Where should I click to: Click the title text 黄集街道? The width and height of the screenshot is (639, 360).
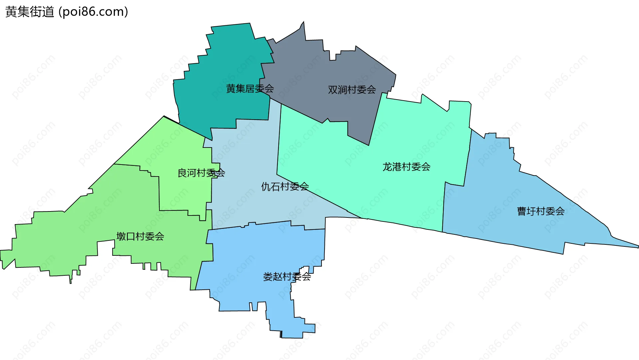(30, 12)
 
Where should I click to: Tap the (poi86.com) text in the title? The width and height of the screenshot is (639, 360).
(93, 12)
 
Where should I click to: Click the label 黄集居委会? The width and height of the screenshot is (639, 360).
(250, 89)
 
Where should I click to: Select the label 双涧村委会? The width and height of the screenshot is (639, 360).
(352, 90)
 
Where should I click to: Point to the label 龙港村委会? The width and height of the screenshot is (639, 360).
(406, 167)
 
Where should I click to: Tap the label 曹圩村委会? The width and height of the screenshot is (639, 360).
(540, 211)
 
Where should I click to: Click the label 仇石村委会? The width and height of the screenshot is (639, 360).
(285, 186)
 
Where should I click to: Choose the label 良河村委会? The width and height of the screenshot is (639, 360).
(201, 173)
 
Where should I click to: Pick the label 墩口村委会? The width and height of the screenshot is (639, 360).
(140, 236)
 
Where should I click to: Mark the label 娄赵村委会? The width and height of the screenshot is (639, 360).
(287, 276)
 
